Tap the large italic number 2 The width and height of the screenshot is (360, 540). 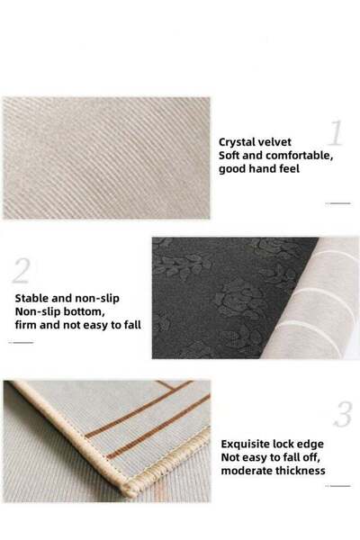(x=22, y=269)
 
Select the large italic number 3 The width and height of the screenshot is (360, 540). (x=343, y=415)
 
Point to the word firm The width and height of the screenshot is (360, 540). (x=27, y=327)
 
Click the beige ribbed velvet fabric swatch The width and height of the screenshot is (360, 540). (x=106, y=158)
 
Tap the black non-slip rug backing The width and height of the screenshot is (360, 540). (x=216, y=297)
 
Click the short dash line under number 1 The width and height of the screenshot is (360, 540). (x=339, y=203)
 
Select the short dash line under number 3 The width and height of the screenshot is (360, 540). (x=339, y=486)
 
